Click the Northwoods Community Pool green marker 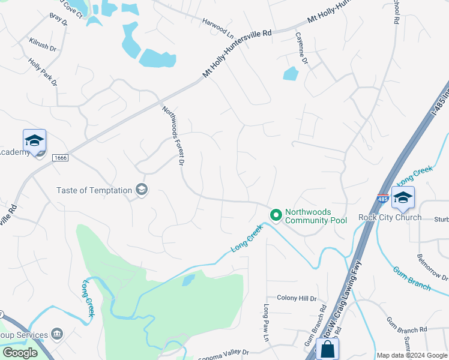(276, 214)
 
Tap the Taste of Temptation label (94, 190)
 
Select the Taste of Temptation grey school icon (142, 190)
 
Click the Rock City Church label (390, 217)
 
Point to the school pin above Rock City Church (402, 197)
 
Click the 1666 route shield (59, 158)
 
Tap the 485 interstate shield (382, 199)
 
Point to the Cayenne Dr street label (301, 49)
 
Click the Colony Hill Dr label (297, 298)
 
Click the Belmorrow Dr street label (432, 266)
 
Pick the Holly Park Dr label (43, 71)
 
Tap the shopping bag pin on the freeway (328, 349)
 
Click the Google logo (20, 353)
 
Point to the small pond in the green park (188, 280)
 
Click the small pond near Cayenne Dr (291, 74)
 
